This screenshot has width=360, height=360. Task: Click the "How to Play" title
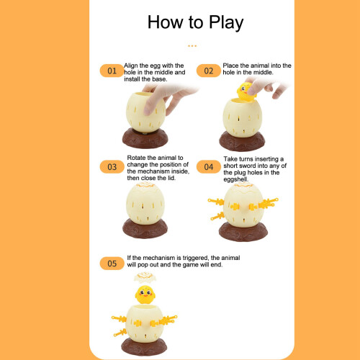(195, 23)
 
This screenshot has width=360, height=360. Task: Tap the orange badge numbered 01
(112, 71)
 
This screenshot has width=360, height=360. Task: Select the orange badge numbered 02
(209, 71)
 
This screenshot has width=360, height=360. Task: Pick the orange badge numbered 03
(112, 167)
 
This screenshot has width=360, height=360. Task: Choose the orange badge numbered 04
(209, 167)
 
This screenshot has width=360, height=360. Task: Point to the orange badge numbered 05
(112, 264)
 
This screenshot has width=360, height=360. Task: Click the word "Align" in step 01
(131, 66)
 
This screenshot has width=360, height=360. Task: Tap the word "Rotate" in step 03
(136, 158)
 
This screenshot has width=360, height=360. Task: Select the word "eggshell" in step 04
(235, 179)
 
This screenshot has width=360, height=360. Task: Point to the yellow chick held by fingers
(246, 91)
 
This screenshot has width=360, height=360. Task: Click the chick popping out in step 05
(145, 294)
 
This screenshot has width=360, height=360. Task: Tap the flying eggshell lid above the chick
(145, 277)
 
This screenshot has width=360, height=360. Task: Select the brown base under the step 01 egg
(145, 138)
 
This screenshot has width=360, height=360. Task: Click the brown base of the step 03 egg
(145, 228)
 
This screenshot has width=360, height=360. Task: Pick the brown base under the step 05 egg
(144, 346)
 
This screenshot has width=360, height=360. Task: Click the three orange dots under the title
(192, 45)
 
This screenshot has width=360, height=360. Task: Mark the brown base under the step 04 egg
(243, 231)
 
